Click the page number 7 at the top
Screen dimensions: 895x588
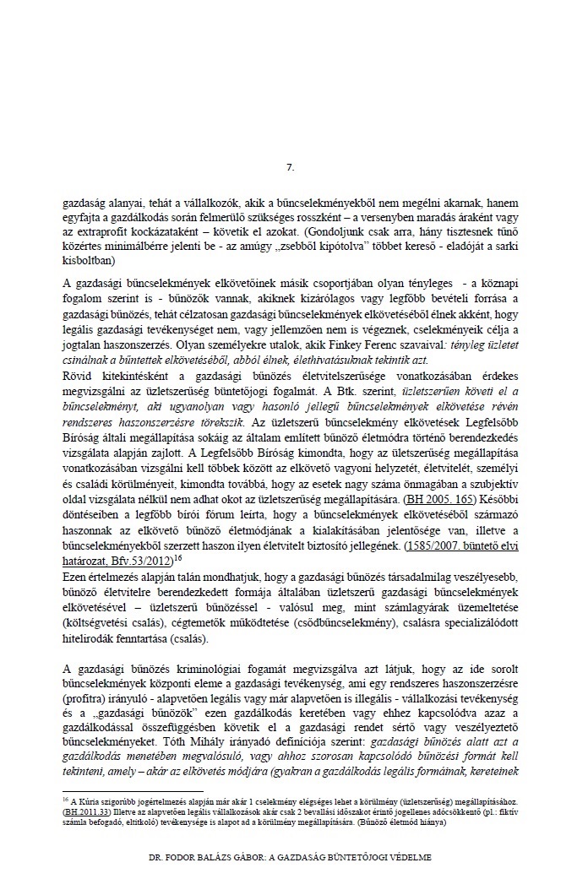[x=290, y=169]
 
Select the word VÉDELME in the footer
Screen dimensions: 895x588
[x=407, y=856]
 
